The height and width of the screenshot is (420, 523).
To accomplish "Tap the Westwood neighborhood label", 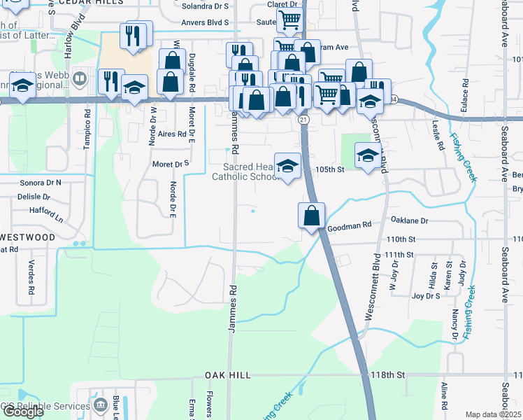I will pyautogui.click(x=28, y=237).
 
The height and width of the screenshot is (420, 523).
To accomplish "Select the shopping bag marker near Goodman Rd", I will pyautogui.click(x=311, y=216).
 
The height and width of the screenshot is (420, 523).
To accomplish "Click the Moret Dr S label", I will pyautogui.click(x=171, y=164).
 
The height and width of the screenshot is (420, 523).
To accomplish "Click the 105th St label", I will pyautogui.click(x=330, y=169).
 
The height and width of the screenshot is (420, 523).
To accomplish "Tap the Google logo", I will pyautogui.click(x=23, y=412).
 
